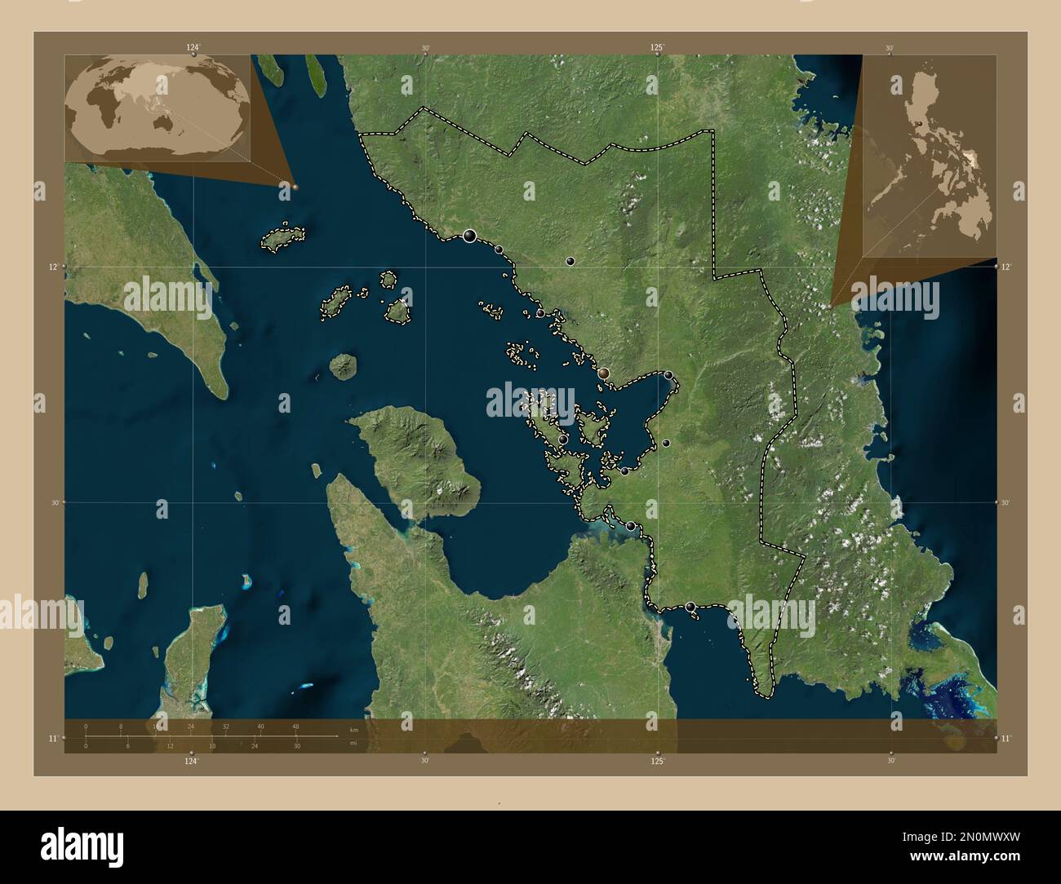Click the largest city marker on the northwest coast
click(469, 236)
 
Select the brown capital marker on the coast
click(603, 373)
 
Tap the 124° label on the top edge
click(192, 47)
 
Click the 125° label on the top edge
click(658, 47)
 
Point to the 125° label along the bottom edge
click(658, 761)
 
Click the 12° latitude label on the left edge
click(52, 267)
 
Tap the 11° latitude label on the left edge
click(52, 738)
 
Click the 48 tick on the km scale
click(295, 726)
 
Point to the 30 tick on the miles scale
click(297, 745)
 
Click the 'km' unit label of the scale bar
click(353, 730)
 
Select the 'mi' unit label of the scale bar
click(353, 743)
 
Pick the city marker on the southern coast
click(691, 607)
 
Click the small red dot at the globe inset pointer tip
click(295, 186)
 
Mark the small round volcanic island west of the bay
click(343, 366)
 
